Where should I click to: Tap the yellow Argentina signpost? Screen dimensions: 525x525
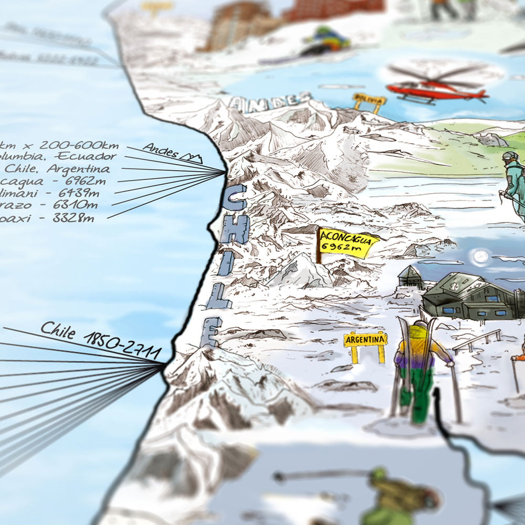[365, 340]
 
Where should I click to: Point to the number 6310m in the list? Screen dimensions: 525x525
[78, 205]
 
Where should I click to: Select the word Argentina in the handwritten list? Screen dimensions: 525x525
[79, 169]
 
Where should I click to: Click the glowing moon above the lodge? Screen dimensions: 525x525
[479, 257]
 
